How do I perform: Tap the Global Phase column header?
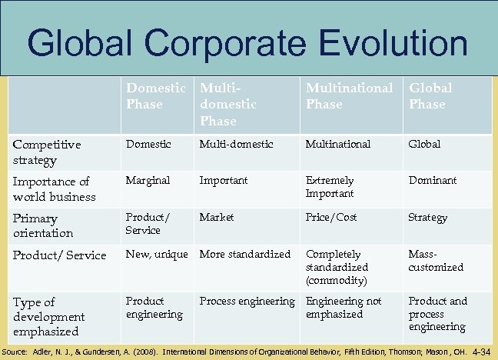pos(430,95)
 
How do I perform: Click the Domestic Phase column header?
pos(157,95)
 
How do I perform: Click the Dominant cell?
pos(433,180)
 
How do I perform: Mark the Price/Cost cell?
pos(331,218)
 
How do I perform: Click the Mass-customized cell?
pos(436,260)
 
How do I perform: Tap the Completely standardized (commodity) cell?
pos(337,266)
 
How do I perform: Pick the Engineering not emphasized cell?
pos(344,307)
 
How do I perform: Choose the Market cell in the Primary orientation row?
pos(217,218)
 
